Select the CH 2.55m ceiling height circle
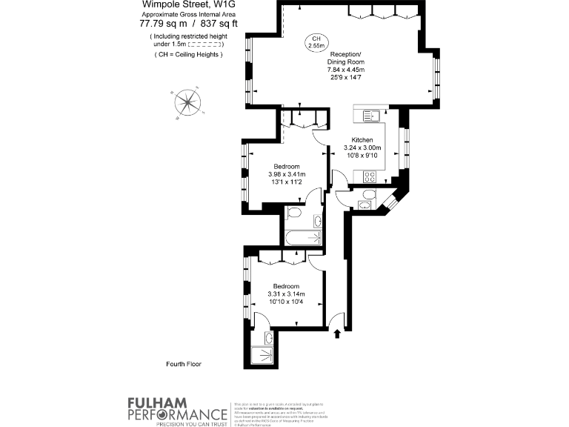pos(317,43)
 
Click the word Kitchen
pos(362,140)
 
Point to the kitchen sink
pos(370,116)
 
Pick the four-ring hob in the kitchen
pos(369,176)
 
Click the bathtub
pos(302,237)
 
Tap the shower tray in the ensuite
pos(262,357)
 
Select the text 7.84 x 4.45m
pos(345,70)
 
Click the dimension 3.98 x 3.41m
pos(287,175)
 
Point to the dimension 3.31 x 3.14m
pos(286,294)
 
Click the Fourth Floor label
pos(184,364)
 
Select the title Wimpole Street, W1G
pos(184,5)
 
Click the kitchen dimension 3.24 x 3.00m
pos(362,148)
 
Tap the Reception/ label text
pos(345,55)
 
